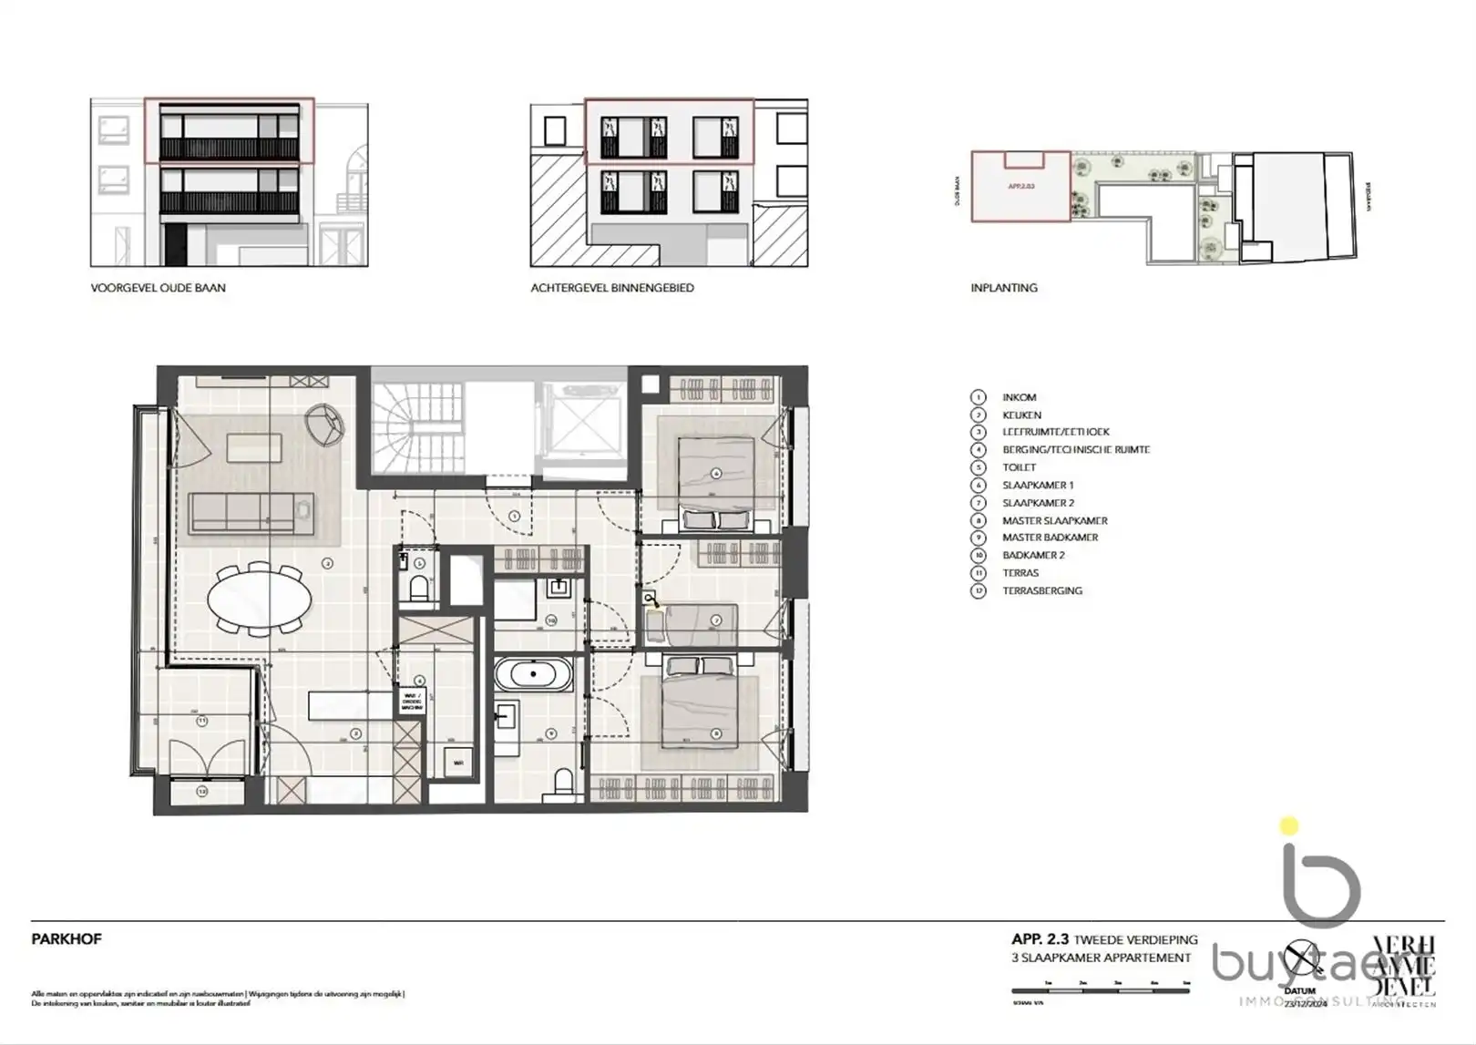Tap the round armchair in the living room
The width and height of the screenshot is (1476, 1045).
(x=325, y=424)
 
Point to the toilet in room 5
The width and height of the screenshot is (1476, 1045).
(x=418, y=589)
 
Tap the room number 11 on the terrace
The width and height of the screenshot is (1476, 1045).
(x=202, y=721)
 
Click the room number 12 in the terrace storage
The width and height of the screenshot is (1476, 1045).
(x=201, y=792)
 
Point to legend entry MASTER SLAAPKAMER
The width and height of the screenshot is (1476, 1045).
(x=1054, y=520)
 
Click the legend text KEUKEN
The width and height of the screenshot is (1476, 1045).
(x=1021, y=415)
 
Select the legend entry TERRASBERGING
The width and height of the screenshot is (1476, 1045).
(x=1042, y=590)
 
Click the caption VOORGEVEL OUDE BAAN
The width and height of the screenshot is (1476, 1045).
(x=158, y=288)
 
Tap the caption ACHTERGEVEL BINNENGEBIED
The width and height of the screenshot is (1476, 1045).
(x=612, y=288)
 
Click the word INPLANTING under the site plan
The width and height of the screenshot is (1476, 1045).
(x=1004, y=288)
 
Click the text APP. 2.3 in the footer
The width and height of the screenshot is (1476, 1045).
(x=1040, y=939)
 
